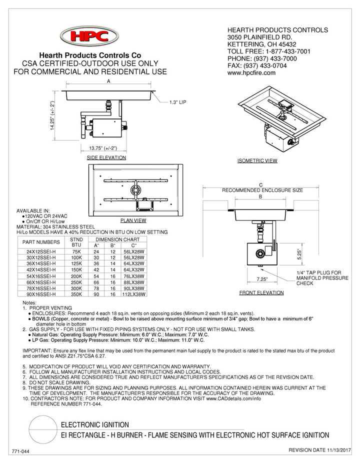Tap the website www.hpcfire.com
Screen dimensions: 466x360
(251, 72)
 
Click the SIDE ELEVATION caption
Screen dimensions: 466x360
(106, 157)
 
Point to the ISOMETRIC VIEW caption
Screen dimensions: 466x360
(257, 161)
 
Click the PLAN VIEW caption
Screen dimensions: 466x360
(133, 220)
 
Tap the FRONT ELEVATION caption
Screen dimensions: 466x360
(261, 292)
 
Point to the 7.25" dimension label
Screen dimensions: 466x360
(260, 280)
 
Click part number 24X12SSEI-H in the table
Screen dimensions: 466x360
(40, 252)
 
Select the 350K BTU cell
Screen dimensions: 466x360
(76, 294)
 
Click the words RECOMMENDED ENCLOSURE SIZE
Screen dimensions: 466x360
(262, 190)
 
